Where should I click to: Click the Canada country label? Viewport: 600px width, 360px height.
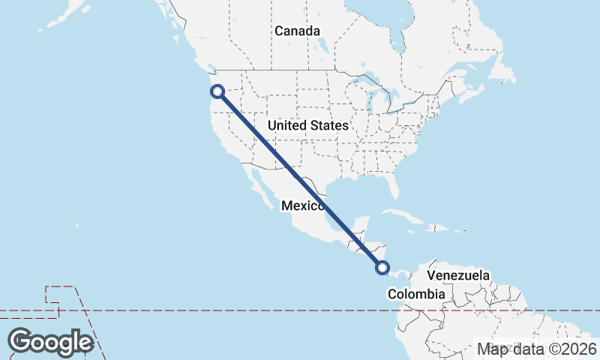[x=297, y=31]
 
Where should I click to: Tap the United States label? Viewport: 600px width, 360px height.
[x=307, y=125]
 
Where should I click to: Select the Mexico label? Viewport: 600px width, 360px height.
[x=302, y=205]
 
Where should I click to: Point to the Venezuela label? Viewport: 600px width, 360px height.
[x=458, y=275]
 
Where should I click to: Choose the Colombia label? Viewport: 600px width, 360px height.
[x=416, y=295]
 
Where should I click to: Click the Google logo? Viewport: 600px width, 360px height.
[x=50, y=342]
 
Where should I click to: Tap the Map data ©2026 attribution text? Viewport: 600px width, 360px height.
[x=537, y=349]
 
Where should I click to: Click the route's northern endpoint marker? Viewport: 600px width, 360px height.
[x=217, y=91]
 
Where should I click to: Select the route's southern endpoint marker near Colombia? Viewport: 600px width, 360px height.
[x=382, y=267]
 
